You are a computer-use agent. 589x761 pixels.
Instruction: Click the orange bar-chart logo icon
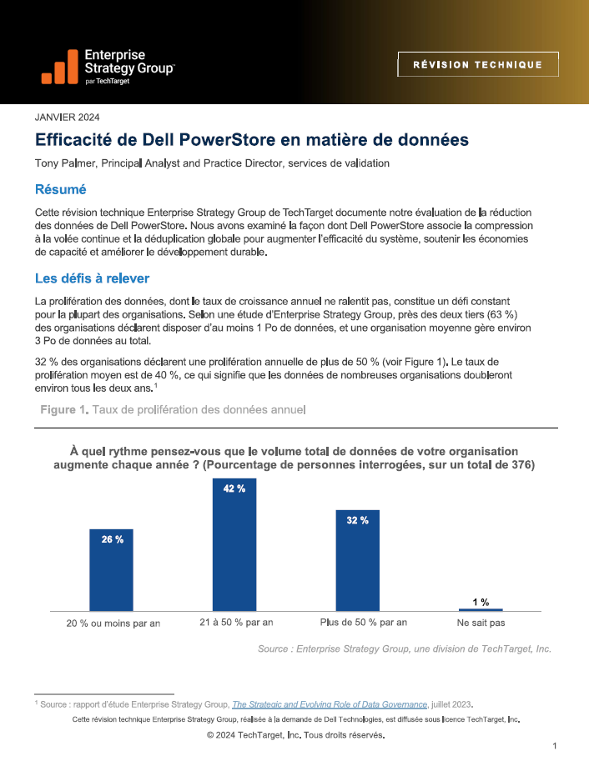tap(60, 67)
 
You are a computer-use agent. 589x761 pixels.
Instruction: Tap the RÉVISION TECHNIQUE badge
tap(478, 64)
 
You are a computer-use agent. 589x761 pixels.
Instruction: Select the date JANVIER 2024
tap(67, 117)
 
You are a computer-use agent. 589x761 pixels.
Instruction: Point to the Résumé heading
tap(60, 189)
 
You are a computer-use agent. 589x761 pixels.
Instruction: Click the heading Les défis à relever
tap(92, 278)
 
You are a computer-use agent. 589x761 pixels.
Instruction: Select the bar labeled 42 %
tap(234, 544)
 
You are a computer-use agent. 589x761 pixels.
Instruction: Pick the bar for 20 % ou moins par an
tap(111, 570)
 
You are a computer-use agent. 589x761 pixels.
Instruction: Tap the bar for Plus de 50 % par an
tap(358, 561)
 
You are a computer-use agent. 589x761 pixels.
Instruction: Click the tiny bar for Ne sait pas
tap(481, 609)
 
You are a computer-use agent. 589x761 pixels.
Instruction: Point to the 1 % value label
tap(481, 602)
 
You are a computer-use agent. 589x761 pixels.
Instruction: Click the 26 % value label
tap(113, 539)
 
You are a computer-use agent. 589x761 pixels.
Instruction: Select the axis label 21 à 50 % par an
tap(236, 622)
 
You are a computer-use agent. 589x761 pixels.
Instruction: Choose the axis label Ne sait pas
tap(481, 623)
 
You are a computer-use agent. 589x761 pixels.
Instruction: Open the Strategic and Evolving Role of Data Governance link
tap(330, 704)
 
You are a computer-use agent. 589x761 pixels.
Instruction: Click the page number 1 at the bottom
tap(555, 746)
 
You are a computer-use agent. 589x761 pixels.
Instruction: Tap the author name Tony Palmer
tap(66, 163)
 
